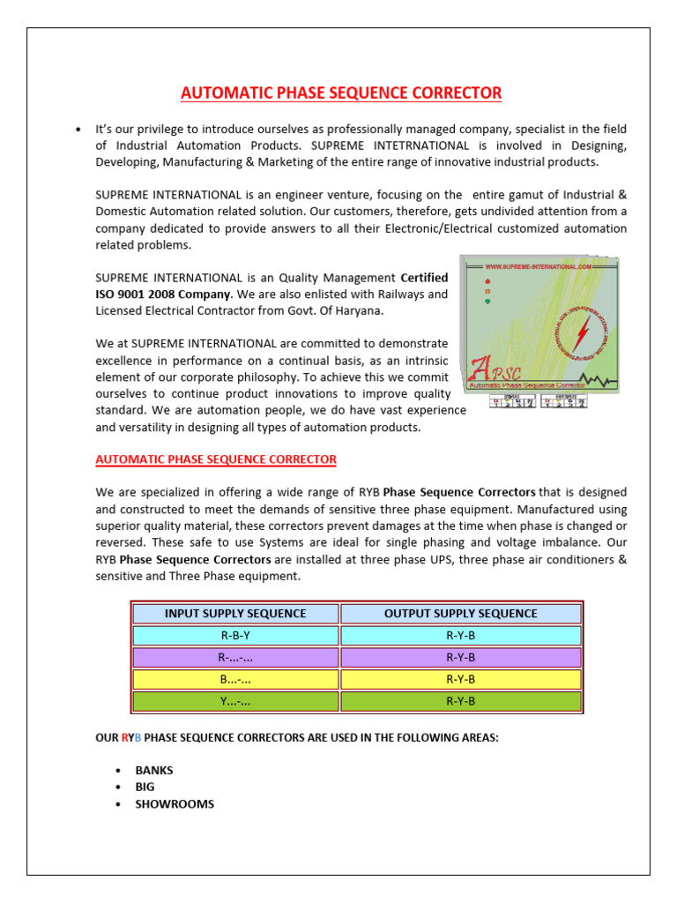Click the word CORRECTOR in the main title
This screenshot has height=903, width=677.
pyautogui.click(x=453, y=93)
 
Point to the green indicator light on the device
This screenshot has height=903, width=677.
pyautogui.click(x=488, y=301)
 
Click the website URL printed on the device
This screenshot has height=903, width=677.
pyautogui.click(x=538, y=265)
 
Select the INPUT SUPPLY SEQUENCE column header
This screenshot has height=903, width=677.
pyautogui.click(x=235, y=614)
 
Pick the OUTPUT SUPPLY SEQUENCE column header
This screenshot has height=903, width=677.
pyautogui.click(x=460, y=614)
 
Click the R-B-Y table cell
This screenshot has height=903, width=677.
pyautogui.click(x=235, y=636)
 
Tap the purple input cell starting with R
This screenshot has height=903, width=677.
pyautogui.click(x=235, y=658)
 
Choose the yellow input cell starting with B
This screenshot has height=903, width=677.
pyautogui.click(x=235, y=680)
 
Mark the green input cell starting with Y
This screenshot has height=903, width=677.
pyautogui.click(x=235, y=702)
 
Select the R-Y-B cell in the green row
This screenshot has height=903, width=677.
pyautogui.click(x=460, y=702)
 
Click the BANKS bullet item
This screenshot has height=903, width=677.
pyautogui.click(x=154, y=770)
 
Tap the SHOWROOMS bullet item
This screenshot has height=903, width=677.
pyautogui.click(x=174, y=804)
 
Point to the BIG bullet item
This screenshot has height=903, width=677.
pyautogui.click(x=145, y=787)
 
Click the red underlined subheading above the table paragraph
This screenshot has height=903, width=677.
pyautogui.click(x=215, y=459)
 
